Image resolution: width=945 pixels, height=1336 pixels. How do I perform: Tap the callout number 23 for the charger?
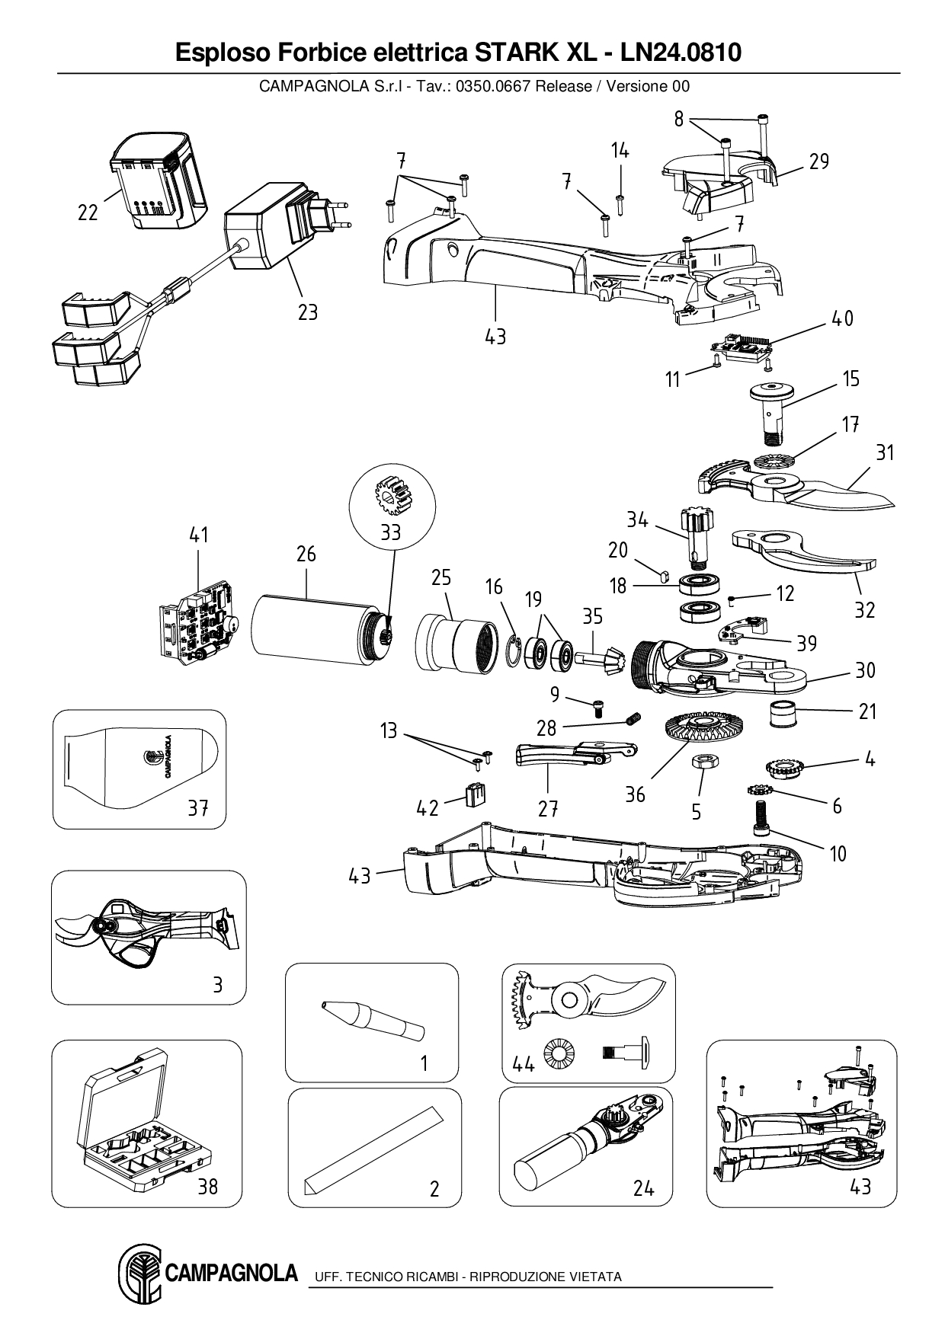(x=307, y=312)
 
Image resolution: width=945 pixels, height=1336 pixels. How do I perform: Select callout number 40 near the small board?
(x=841, y=318)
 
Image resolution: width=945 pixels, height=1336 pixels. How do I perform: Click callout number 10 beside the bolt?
(x=838, y=854)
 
